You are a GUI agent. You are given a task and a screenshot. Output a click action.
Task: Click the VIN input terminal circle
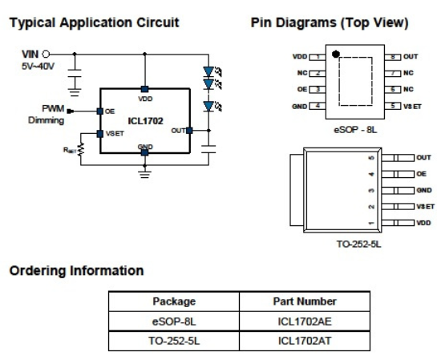(x=46, y=54)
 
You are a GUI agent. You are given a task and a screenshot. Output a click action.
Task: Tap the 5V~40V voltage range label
(x=38, y=67)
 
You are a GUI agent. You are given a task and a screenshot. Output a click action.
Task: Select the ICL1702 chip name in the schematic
(x=145, y=121)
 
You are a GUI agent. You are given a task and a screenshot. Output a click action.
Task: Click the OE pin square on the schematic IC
(x=100, y=111)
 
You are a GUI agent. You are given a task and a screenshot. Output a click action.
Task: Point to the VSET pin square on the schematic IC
(x=100, y=134)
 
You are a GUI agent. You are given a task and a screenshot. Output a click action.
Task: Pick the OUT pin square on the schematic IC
(x=189, y=131)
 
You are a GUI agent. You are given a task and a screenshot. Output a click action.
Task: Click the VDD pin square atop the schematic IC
(x=144, y=89)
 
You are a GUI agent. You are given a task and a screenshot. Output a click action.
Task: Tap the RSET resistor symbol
(x=81, y=149)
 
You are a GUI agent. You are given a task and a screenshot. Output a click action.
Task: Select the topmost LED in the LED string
(x=208, y=71)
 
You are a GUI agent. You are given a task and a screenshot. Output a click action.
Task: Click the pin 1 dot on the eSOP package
(x=336, y=55)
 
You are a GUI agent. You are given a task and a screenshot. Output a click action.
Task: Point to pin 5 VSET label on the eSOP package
(x=412, y=107)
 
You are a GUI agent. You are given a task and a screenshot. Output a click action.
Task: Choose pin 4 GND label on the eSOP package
(x=299, y=107)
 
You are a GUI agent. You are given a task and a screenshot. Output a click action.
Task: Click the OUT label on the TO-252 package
(x=423, y=157)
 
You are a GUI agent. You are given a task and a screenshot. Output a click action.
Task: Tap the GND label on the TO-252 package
(x=424, y=190)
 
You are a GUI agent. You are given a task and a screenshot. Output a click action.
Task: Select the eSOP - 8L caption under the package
(x=355, y=130)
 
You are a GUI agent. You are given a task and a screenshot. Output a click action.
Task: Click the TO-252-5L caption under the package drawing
(x=358, y=244)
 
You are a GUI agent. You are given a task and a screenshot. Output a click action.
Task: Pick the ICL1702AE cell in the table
(x=305, y=322)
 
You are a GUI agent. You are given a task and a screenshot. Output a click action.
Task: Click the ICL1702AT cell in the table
(x=305, y=341)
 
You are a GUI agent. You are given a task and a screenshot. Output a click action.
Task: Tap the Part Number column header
(x=305, y=301)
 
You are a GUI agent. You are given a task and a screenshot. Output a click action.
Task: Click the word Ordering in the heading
(x=38, y=271)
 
